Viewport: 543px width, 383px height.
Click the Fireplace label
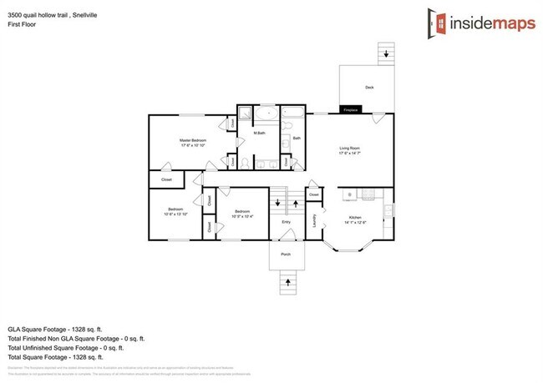pyautogui.click(x=350, y=110)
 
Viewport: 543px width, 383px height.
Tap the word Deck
pyautogui.click(x=368, y=88)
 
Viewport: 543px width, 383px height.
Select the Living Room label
pyautogui.click(x=350, y=149)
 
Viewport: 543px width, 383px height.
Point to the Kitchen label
pyautogui.click(x=355, y=218)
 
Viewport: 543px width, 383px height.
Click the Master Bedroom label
pyautogui.click(x=193, y=141)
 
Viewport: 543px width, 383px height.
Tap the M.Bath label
pyautogui.click(x=260, y=134)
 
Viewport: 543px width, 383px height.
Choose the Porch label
pyautogui.click(x=286, y=254)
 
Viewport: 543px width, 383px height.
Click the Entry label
pyautogui.click(x=286, y=222)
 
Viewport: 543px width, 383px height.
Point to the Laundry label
pyautogui.click(x=313, y=220)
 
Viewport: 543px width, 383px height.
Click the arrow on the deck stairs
pyautogui.click(x=386, y=53)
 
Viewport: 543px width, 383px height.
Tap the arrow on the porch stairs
pyautogui.click(x=287, y=282)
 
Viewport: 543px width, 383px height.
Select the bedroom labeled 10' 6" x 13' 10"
pyautogui.click(x=175, y=211)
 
